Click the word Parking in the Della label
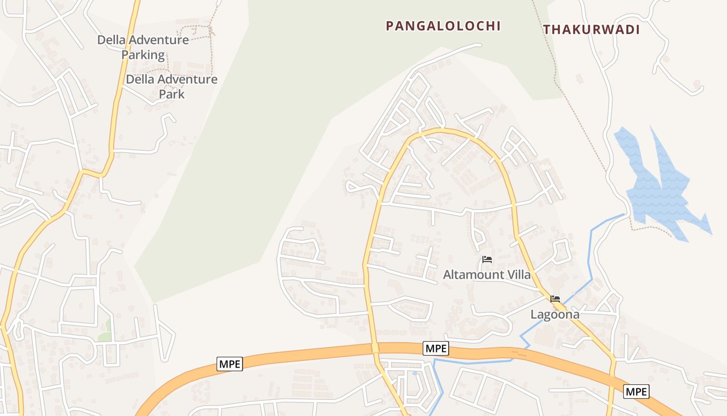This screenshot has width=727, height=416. tap(143, 55)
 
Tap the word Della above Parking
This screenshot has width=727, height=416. tap(112, 40)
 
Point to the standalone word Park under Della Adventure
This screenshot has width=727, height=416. tap(171, 94)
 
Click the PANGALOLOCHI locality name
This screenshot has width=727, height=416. tap(443, 26)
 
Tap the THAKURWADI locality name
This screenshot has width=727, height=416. tap(591, 30)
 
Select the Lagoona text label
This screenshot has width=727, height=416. tap(555, 315)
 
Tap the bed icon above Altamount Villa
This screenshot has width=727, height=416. tap(487, 259)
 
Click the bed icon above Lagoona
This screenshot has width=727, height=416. tap(555, 299)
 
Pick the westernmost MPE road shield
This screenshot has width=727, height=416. tap(230, 364)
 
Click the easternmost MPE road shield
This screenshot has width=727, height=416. tap(636, 392)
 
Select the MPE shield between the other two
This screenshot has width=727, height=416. tap(436, 348)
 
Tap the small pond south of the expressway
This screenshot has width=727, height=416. tap(414, 373)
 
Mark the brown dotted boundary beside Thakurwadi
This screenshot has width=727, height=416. tap(582, 125)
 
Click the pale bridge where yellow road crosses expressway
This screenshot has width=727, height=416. tap(375, 348)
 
